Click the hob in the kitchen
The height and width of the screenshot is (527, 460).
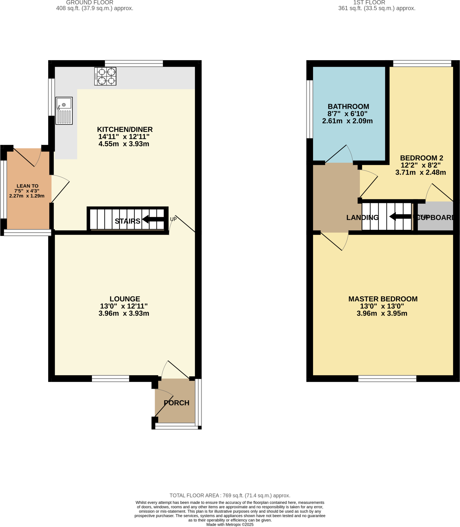pyautogui.click(x=105, y=76)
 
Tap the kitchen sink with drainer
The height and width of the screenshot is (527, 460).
pyautogui.click(x=64, y=111)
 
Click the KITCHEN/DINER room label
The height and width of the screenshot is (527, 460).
pyautogui.click(x=125, y=129)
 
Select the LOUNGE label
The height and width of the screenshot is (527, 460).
pyautogui.click(x=125, y=299)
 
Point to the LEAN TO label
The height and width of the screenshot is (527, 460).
pyautogui.click(x=28, y=186)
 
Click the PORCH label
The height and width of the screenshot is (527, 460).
pyautogui.click(x=176, y=403)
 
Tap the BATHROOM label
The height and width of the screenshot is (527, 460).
pyautogui.click(x=348, y=107)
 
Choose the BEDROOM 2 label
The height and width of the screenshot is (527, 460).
pyautogui.click(x=421, y=158)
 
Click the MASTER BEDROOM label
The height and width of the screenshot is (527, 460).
pyautogui.click(x=383, y=299)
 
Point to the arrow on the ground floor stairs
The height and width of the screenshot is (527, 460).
pyautogui.click(x=153, y=219)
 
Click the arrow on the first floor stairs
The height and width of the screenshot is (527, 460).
pyautogui.click(x=400, y=216)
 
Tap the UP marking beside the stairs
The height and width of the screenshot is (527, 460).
pyautogui.click(x=173, y=219)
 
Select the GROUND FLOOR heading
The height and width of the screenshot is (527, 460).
pyautogui.click(x=90, y=3)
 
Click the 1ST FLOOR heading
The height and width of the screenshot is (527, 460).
pyautogui.click(x=369, y=3)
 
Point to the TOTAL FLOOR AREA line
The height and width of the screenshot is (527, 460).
pyautogui.click(x=230, y=495)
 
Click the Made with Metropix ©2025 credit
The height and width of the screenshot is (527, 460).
pyautogui.click(x=230, y=524)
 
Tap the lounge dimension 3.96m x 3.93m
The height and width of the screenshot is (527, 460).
pyautogui.click(x=124, y=313)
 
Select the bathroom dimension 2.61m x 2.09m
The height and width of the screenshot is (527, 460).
pyautogui.click(x=347, y=121)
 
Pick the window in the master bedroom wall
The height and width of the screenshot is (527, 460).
pyautogui.click(x=387, y=379)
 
